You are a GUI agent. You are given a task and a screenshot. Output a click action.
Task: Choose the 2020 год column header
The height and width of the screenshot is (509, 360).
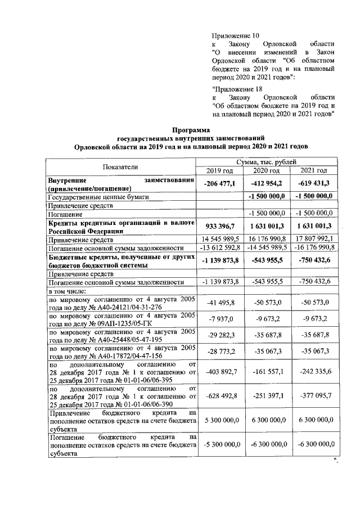coord(266,171)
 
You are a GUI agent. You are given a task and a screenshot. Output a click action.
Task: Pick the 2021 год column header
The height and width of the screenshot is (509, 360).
coord(313,171)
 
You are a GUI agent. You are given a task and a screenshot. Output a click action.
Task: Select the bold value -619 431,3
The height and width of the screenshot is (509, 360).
coord(313,184)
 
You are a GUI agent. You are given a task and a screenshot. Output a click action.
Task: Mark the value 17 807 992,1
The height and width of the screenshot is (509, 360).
coord(313,239)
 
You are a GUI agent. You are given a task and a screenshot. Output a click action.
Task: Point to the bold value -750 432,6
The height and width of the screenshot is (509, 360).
coord(313,260)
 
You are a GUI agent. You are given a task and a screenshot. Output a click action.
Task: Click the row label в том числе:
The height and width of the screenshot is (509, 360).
coord(67,291)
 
